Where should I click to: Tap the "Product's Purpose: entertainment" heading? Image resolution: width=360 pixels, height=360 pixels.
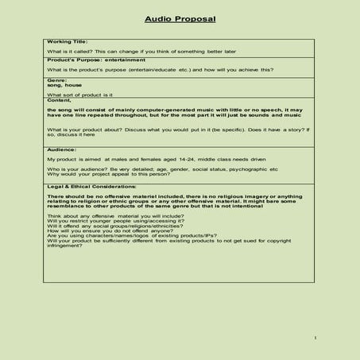(x=94, y=60)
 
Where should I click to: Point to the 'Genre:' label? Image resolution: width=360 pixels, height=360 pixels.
(x=58, y=79)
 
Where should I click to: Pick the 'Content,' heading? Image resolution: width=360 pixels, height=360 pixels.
(x=60, y=100)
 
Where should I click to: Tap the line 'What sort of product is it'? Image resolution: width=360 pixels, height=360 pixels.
(x=80, y=95)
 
